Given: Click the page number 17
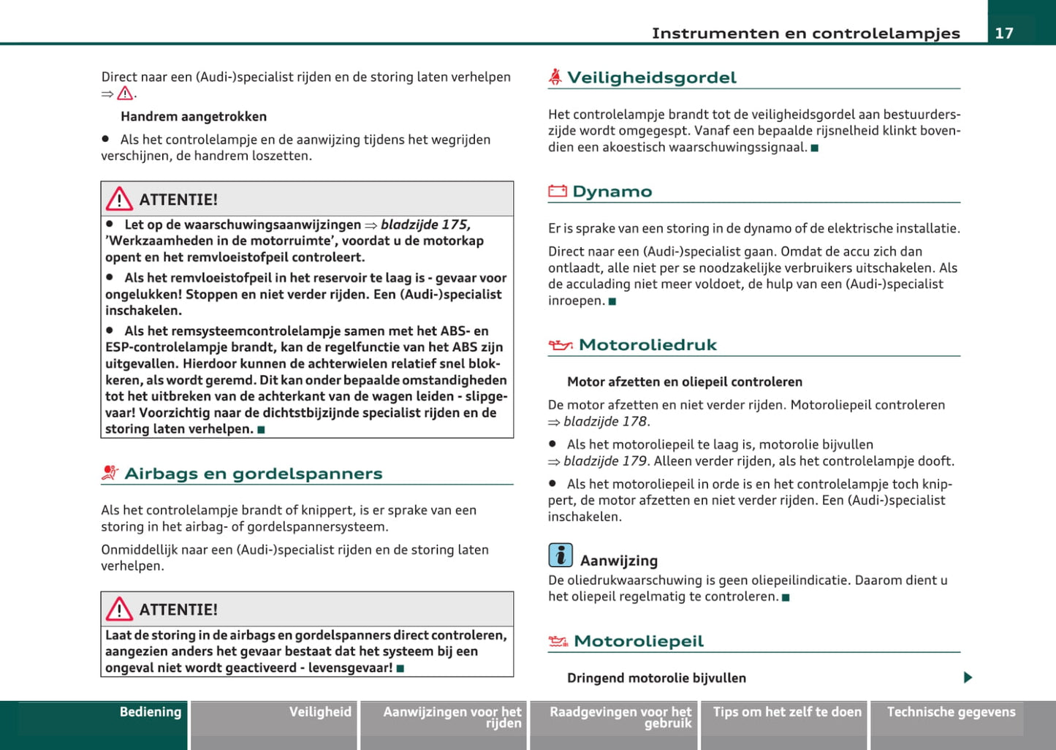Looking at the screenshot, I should pyautogui.click(x=1004, y=33).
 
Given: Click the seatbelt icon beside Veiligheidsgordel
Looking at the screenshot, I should pyautogui.click(x=555, y=77).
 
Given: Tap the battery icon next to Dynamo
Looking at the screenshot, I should pyautogui.click(x=558, y=192).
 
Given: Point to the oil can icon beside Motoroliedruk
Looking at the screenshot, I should pyautogui.click(x=561, y=345).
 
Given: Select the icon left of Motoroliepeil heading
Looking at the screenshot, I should pyautogui.click(x=558, y=642).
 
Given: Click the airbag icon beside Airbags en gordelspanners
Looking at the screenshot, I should pyautogui.click(x=110, y=474).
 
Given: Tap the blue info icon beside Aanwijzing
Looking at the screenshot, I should pyautogui.click(x=561, y=556).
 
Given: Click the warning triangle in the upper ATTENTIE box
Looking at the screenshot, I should pyautogui.click(x=119, y=199).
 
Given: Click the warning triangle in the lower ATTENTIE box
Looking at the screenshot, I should pyautogui.click(x=119, y=609).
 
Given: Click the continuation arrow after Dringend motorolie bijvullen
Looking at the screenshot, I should pyautogui.click(x=968, y=678).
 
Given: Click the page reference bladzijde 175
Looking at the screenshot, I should pyautogui.click(x=425, y=224).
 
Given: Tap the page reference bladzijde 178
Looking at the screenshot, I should pyautogui.click(x=605, y=421).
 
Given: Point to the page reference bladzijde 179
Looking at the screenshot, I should pyautogui.click(x=605, y=461).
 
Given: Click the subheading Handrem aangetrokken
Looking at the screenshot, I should pyautogui.click(x=194, y=116).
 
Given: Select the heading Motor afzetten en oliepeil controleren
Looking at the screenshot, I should pyautogui.click(x=685, y=382).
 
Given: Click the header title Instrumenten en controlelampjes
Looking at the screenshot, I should pyautogui.click(x=805, y=33).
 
